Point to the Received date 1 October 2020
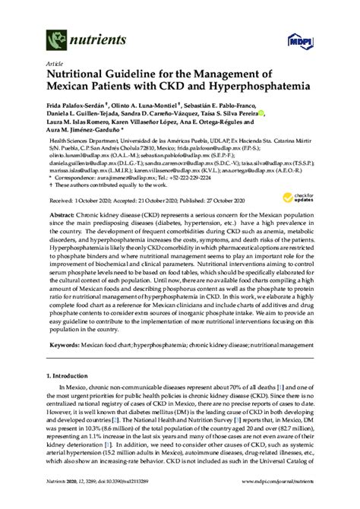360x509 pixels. [x=81, y=201]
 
